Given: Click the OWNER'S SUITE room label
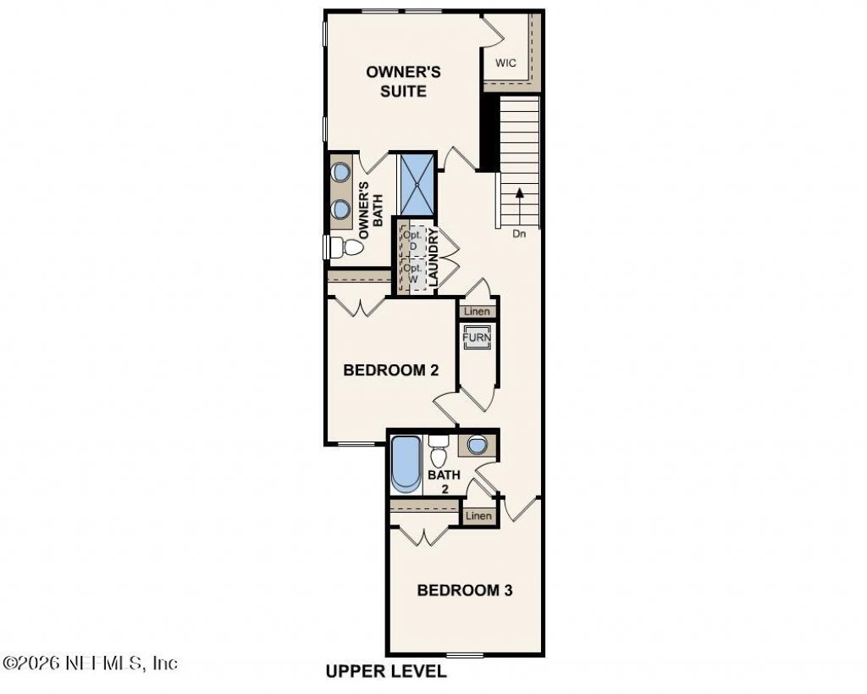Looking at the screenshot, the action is point(404,81).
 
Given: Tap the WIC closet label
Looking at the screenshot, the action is point(505,63).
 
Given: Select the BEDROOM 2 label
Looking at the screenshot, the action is point(391,369).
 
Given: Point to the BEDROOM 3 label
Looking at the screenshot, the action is point(465,590).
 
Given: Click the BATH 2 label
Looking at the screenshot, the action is point(444,481).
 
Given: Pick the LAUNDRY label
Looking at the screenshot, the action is point(433,258).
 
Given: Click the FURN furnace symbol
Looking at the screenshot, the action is point(477,337).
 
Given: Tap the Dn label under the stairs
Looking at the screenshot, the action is point(519,234).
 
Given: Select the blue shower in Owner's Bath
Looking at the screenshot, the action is point(417,184).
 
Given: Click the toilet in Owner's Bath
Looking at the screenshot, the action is point(346,247).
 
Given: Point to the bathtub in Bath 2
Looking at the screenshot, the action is point(406,464).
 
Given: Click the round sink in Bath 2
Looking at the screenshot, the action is point(477,444).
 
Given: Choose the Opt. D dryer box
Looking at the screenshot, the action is point(413,240).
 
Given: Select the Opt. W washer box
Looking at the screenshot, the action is point(413,274).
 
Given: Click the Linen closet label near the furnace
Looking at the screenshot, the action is point(477,312).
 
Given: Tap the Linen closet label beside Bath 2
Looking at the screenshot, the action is point(478,516).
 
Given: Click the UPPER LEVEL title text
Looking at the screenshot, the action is point(386,671).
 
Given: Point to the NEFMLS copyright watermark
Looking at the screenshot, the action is point(90,663).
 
